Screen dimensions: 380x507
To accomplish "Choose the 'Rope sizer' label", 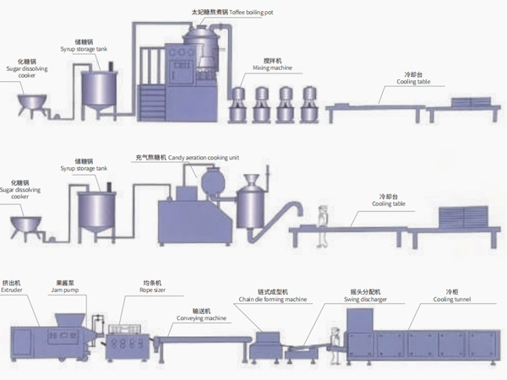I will [x=152, y=289].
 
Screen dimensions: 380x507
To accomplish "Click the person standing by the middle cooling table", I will [x=320, y=223].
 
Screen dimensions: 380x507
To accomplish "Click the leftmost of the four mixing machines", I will [x=240, y=102].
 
